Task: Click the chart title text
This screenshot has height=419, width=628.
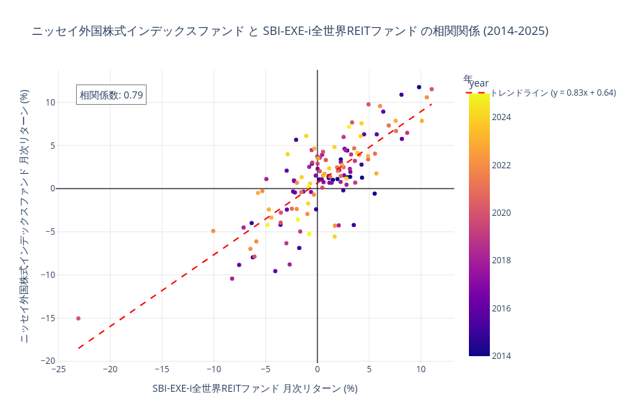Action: (290, 31)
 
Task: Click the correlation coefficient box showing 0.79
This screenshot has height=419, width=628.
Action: (111, 95)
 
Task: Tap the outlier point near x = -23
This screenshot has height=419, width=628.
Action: (78, 318)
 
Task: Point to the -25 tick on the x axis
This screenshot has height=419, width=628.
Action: (58, 369)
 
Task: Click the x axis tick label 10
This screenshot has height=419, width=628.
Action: (421, 369)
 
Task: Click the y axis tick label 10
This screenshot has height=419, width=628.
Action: (49, 103)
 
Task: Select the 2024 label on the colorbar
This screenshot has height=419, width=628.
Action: (501, 117)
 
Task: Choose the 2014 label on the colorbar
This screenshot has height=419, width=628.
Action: (501, 356)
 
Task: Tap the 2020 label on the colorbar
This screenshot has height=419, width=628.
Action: (501, 213)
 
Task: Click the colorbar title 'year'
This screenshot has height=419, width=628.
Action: (479, 83)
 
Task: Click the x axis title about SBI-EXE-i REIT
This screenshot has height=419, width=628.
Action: (255, 388)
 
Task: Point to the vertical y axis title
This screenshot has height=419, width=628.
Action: (24, 216)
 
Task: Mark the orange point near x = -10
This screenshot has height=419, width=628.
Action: (214, 231)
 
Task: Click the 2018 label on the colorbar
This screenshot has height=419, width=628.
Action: (501, 260)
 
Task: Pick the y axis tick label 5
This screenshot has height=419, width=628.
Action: (51, 146)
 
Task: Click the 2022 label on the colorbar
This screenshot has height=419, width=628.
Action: (501, 166)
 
